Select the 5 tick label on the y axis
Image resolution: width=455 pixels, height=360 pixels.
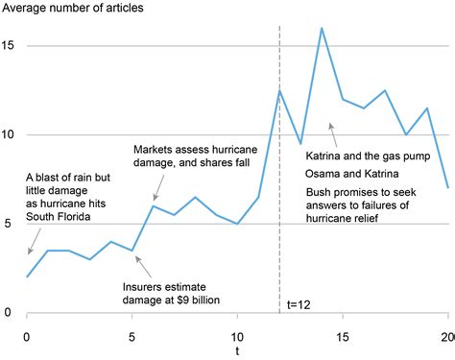point(7,224)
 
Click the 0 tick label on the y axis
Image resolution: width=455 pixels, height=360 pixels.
point(7,313)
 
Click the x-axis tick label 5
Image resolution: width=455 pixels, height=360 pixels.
point(132,336)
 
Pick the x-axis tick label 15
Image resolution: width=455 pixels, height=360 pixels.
point(343,336)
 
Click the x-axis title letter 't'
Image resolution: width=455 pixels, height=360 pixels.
point(238,351)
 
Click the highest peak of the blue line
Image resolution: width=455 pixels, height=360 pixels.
point(322,28)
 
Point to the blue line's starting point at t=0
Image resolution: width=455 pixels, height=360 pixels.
point(27,276)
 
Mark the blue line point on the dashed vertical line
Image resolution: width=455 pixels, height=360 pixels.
point(279,90)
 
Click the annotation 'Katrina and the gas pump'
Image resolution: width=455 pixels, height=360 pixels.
point(366,156)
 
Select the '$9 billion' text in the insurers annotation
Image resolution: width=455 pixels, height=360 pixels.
point(196,300)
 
